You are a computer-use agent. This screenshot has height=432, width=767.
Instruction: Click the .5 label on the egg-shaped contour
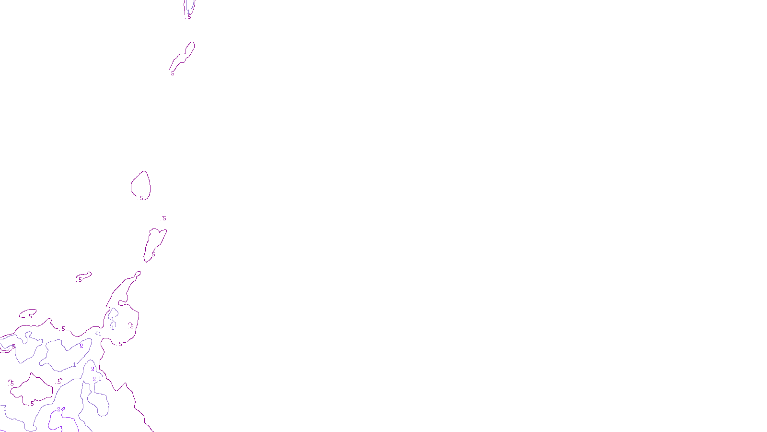click(141, 198)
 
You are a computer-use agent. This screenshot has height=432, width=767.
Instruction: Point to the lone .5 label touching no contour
click(164, 218)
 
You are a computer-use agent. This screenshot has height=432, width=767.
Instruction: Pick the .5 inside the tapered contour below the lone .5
click(153, 254)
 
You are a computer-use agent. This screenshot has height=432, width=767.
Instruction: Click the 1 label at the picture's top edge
click(188, 12)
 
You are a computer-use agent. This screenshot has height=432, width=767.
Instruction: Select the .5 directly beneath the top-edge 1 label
click(189, 17)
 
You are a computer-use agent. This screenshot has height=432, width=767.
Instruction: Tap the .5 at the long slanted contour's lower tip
click(172, 73)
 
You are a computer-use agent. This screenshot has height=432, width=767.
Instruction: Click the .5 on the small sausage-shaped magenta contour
click(80, 279)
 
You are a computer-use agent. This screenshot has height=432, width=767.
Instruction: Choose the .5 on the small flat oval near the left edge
click(30, 316)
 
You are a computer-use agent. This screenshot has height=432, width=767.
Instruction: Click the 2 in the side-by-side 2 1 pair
click(94, 379)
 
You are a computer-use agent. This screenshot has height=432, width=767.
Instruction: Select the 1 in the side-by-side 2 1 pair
click(100, 379)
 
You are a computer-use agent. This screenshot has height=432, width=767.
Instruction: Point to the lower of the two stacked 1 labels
click(113, 328)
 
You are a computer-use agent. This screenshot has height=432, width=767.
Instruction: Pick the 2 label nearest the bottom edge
click(59, 409)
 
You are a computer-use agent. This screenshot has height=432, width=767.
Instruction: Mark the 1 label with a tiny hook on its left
click(100, 334)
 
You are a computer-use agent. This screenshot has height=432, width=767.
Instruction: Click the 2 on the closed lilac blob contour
click(81, 346)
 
